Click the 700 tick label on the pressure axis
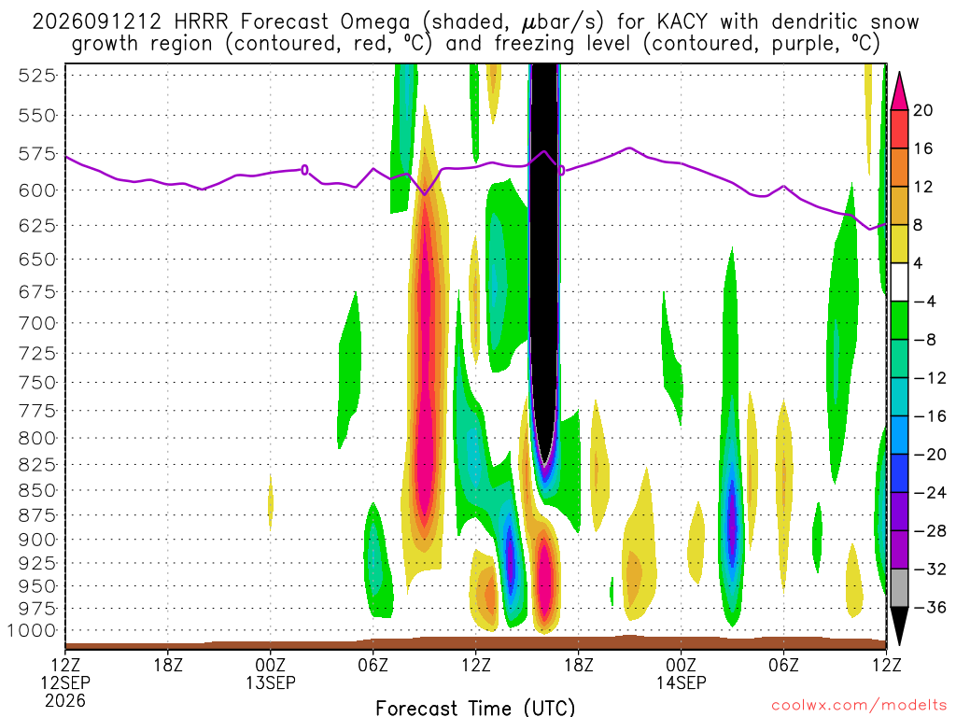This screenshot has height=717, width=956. pos(37,323)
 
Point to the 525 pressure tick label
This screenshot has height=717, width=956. pos(37,76)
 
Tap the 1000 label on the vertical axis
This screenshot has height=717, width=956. pos(33,631)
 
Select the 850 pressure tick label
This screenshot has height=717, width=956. pos(37,490)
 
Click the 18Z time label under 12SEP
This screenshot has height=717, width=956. pos(168,665)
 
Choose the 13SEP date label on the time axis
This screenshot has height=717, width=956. pos(271,682)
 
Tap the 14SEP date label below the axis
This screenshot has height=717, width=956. pos(681,682)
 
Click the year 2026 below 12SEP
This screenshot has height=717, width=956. pos(65,701)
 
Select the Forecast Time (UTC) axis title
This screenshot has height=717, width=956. pos(475,708)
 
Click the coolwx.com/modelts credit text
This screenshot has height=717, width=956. pos(859,706)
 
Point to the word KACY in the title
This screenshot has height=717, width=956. pos(682,22)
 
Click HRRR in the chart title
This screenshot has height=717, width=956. pos(201,22)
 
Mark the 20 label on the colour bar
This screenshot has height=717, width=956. pos(922,110)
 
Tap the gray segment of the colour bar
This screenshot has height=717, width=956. pos(899,588)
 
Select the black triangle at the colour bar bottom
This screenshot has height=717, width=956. pos(899,626)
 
